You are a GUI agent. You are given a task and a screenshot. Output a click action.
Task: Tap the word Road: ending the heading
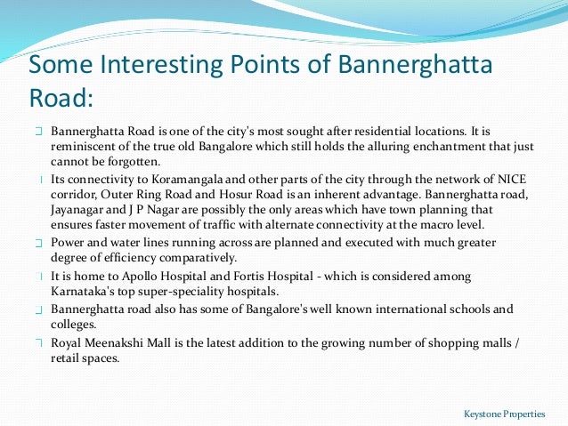tap(61, 97)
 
